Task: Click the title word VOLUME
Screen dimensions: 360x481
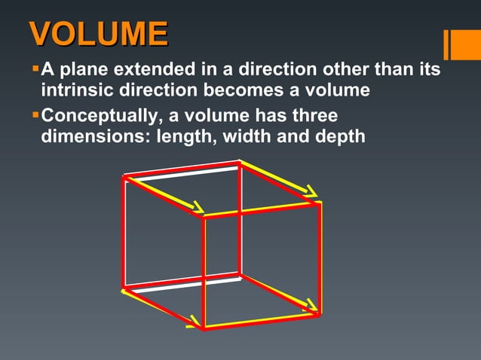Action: coord(98,35)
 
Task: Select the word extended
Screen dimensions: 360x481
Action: coord(149,71)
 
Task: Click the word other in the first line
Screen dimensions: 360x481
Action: coord(342,71)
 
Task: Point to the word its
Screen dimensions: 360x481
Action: coord(428,71)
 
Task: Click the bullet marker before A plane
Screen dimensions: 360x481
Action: coord(34,70)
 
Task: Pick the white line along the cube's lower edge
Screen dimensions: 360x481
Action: coord(181,284)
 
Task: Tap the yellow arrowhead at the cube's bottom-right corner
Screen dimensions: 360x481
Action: coord(311,308)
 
